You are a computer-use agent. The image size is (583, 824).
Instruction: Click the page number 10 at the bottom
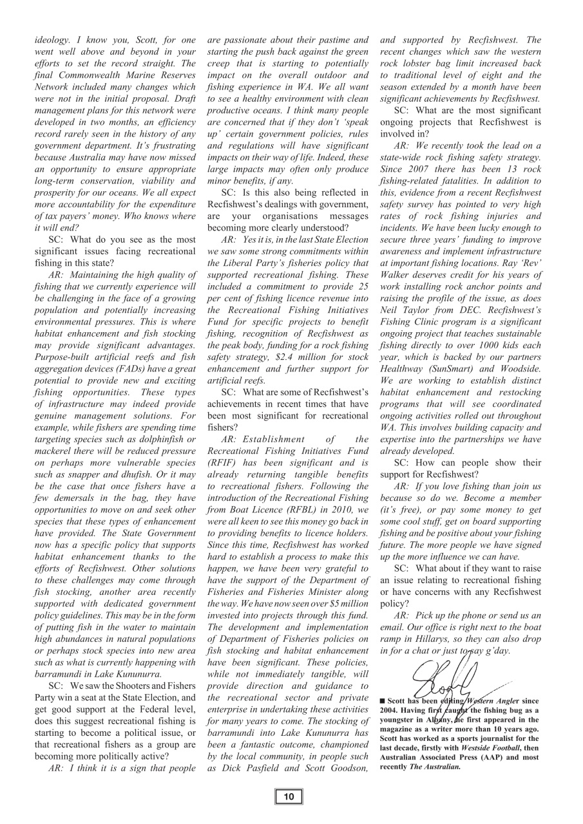click(x=289, y=797)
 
